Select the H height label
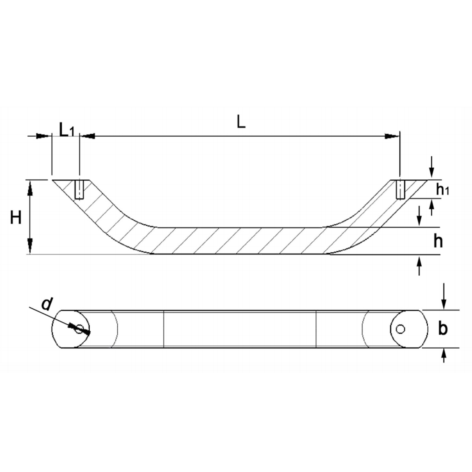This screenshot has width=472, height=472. pyautogui.click(x=16, y=218)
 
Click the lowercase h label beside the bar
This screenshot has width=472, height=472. pyautogui.click(x=438, y=241)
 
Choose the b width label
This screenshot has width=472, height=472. pyautogui.click(x=443, y=329)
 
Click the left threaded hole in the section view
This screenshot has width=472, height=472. pyautogui.click(x=79, y=189)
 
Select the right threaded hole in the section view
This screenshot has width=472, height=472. pyautogui.click(x=400, y=189)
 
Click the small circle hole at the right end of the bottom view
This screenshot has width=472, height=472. pyautogui.click(x=400, y=329)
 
